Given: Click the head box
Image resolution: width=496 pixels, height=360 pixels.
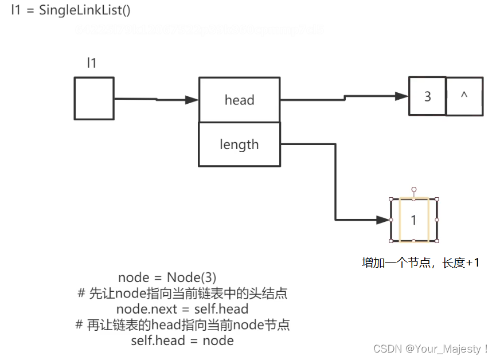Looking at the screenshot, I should click(x=239, y=100).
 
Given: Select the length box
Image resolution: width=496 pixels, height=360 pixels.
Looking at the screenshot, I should click(x=239, y=144).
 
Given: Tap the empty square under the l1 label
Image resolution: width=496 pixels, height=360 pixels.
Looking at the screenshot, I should click(x=93, y=99).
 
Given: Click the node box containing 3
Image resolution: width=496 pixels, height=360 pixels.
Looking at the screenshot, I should click(x=427, y=96).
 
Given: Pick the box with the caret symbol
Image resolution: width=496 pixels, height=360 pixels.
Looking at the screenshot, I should click(x=464, y=96).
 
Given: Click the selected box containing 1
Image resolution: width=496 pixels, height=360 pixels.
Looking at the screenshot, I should click(x=413, y=220).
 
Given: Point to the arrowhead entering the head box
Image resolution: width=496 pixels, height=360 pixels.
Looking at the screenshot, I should click(x=192, y=100).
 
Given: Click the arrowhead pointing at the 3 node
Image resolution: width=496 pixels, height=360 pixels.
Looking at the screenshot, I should click(x=402, y=96).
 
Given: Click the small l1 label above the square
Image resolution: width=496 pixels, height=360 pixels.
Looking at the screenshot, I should click(x=92, y=64).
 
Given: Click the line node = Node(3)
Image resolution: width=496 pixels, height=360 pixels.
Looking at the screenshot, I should click(x=167, y=278).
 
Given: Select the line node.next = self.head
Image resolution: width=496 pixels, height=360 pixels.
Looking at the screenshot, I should click(x=182, y=310).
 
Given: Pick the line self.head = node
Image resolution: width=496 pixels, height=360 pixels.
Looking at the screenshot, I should click(x=182, y=341).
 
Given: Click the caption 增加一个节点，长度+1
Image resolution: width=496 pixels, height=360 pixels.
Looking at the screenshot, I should click(x=420, y=263).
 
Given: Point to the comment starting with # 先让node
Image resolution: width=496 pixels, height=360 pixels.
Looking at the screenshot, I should click(x=182, y=294).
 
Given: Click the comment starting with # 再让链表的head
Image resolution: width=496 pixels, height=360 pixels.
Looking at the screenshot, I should click(x=182, y=325).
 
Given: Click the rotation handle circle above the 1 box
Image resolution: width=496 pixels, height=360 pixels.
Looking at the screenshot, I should click(x=413, y=189).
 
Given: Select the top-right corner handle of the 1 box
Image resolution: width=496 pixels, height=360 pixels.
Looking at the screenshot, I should click(x=437, y=199).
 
